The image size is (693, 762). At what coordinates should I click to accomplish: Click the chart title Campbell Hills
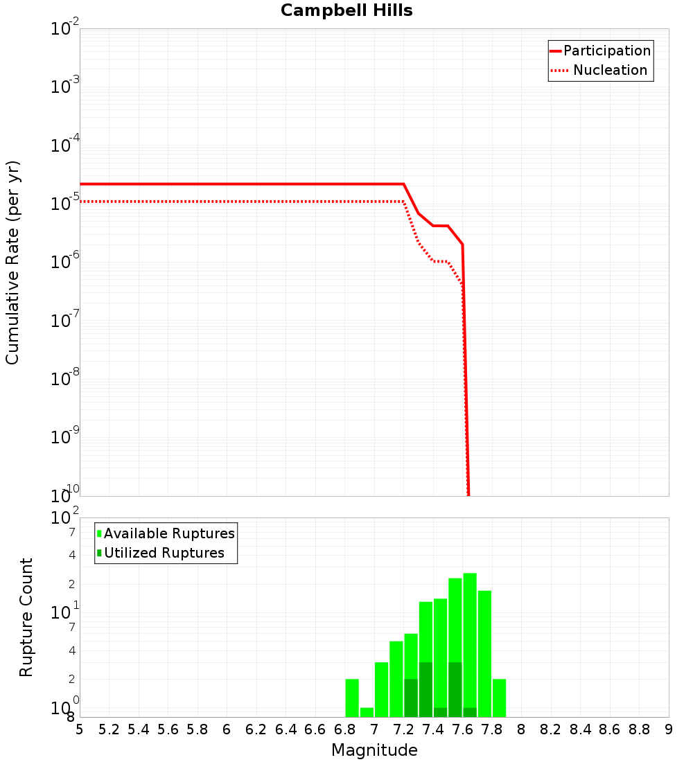[346, 11]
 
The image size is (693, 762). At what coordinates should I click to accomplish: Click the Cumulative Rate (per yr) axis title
[12, 262]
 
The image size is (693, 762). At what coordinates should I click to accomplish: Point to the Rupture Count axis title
[26, 617]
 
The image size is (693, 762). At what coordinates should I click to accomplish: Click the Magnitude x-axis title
[374, 750]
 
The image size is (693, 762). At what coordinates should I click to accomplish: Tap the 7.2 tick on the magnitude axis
[403, 729]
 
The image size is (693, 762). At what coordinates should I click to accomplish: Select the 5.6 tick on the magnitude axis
[168, 729]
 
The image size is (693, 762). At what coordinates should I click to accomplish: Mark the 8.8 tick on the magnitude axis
[639, 729]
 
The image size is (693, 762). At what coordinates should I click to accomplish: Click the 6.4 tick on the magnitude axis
[286, 729]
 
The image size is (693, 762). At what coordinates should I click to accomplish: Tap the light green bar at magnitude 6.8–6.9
[352, 698]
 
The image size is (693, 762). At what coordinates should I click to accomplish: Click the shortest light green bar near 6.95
[367, 712]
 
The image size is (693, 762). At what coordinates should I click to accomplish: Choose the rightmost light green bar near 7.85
[499, 698]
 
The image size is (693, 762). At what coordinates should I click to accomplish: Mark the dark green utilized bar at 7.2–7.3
[411, 698]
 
